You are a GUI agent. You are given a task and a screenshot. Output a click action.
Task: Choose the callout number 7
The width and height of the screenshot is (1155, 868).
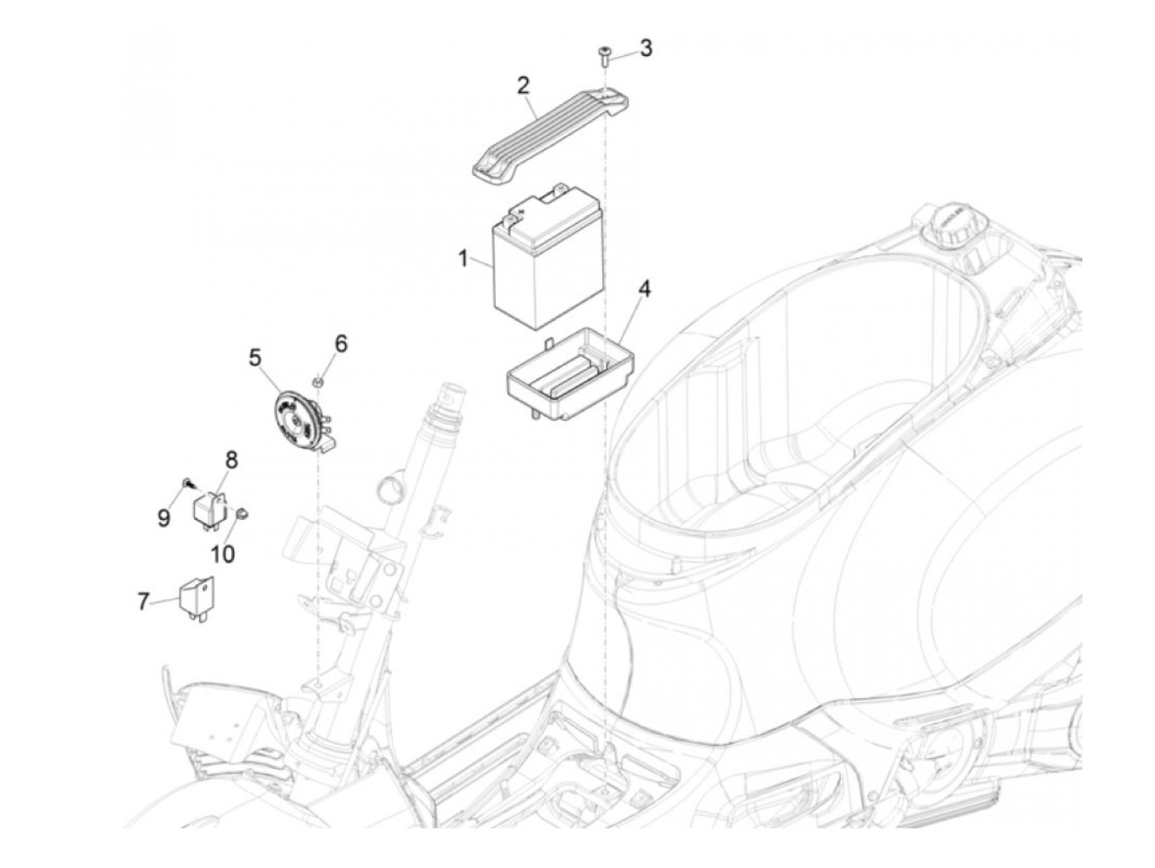click(143, 601)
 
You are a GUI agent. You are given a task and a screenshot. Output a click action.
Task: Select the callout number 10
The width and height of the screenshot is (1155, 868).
click(223, 553)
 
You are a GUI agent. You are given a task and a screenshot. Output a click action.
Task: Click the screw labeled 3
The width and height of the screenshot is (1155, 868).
click(604, 56)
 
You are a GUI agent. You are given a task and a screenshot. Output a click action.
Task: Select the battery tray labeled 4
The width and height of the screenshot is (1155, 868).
click(570, 375)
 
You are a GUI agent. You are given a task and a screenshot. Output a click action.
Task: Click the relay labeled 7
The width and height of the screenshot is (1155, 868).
click(197, 599)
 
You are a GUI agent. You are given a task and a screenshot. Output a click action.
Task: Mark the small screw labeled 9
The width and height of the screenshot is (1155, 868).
click(186, 482)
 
